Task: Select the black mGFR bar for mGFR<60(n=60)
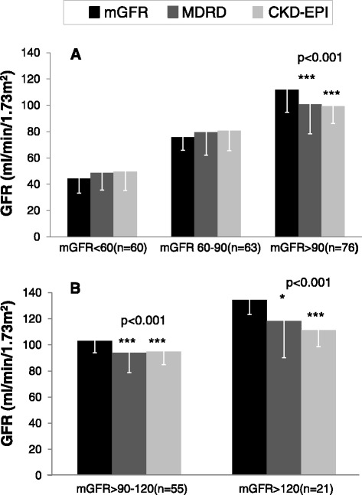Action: [79, 207]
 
